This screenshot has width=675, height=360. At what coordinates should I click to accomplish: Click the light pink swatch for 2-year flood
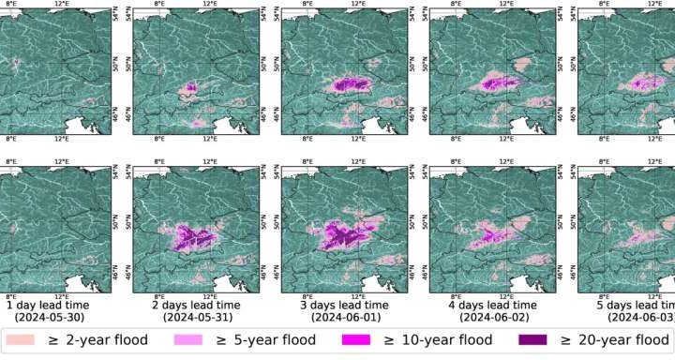coord(25,340)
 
